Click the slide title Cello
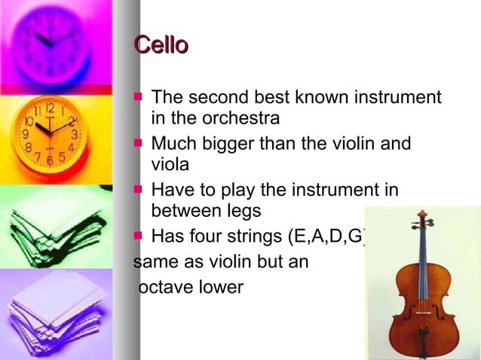point(161,45)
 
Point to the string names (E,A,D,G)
point(327,236)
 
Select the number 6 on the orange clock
point(50,160)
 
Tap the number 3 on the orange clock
point(74,134)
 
